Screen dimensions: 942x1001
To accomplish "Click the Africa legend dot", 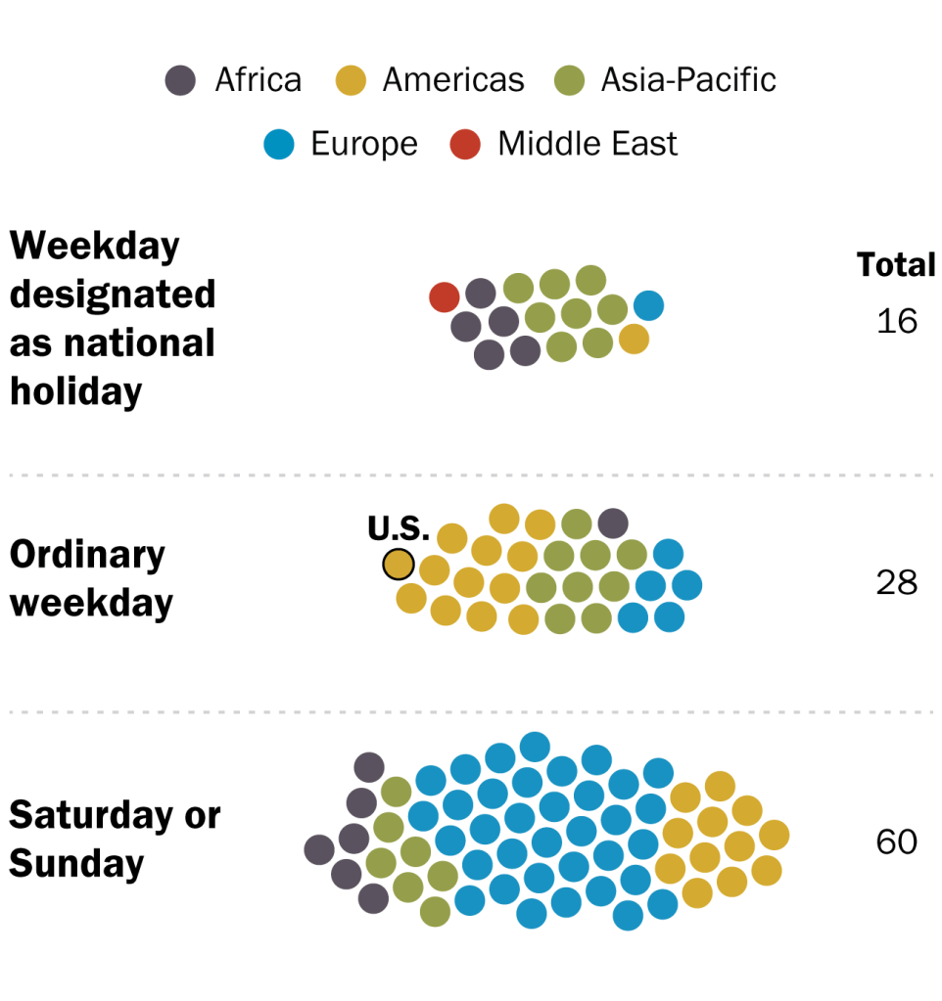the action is pyautogui.click(x=180, y=80).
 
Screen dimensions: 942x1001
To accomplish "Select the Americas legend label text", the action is pyautogui.click(x=453, y=80).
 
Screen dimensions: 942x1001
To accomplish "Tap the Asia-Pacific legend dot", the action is pyautogui.click(x=570, y=80).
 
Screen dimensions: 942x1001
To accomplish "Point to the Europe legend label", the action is pyautogui.click(x=364, y=144).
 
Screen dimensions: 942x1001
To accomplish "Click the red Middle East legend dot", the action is pyautogui.click(x=465, y=144).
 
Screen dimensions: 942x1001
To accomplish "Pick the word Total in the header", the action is pyautogui.click(x=896, y=264).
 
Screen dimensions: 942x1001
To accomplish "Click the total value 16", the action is pyautogui.click(x=897, y=321).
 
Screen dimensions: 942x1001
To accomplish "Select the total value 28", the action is pyautogui.click(x=897, y=583).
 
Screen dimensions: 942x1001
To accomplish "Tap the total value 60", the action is pyautogui.click(x=897, y=842).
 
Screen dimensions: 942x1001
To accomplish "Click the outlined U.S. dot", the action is pyautogui.click(x=399, y=565).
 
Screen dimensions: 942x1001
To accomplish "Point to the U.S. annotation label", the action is pyautogui.click(x=399, y=528).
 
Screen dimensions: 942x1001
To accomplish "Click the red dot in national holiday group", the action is pyautogui.click(x=445, y=296).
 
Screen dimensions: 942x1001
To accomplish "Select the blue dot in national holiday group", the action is pyautogui.click(x=649, y=305).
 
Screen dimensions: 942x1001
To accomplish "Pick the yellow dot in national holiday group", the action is pyautogui.click(x=635, y=339).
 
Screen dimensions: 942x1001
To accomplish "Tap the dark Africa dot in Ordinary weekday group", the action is pyautogui.click(x=613, y=523).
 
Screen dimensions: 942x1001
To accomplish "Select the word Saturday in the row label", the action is pyautogui.click(x=91, y=815).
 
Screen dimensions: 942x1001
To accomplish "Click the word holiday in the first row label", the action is pyautogui.click(x=76, y=391).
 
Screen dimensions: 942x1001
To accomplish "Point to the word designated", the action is pyautogui.click(x=113, y=295).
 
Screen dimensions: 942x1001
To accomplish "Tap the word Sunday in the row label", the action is pyautogui.click(x=76, y=864).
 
